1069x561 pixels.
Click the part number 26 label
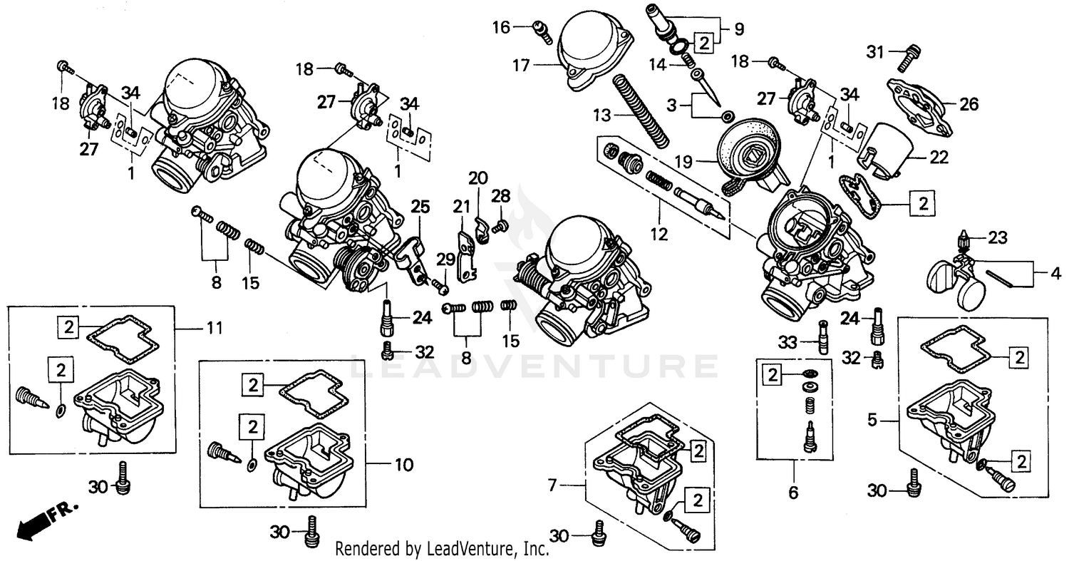pyautogui.click(x=969, y=104)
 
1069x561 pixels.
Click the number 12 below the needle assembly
pyautogui.click(x=659, y=233)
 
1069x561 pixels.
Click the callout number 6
pyautogui.click(x=793, y=492)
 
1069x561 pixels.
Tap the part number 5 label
pyautogui.click(x=872, y=421)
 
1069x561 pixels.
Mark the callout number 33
pyautogui.click(x=787, y=342)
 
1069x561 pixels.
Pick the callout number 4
pyautogui.click(x=1055, y=272)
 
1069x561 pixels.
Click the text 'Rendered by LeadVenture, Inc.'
pyautogui.click(x=442, y=549)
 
